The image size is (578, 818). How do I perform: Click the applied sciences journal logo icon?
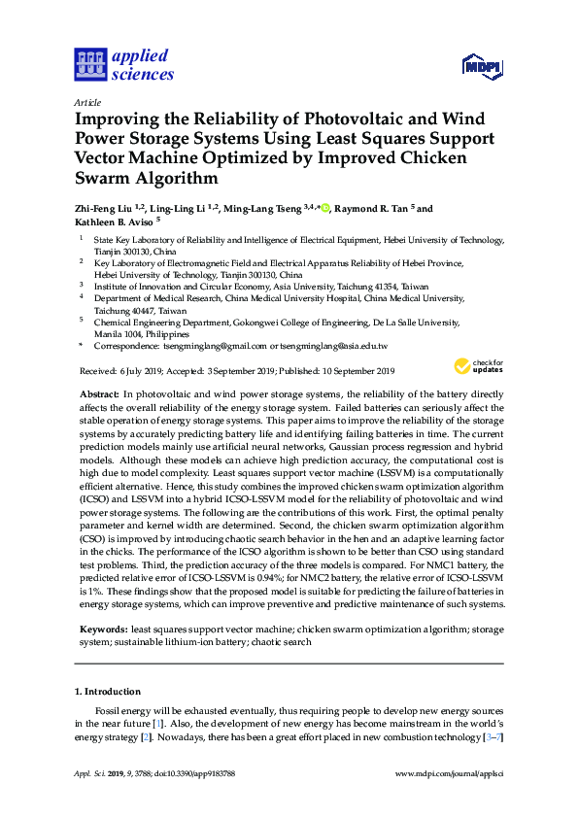[88, 65]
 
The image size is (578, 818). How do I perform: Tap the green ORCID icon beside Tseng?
[326, 207]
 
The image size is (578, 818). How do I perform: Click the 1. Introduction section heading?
[107, 692]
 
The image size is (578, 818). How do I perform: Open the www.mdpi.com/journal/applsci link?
[450, 801]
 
